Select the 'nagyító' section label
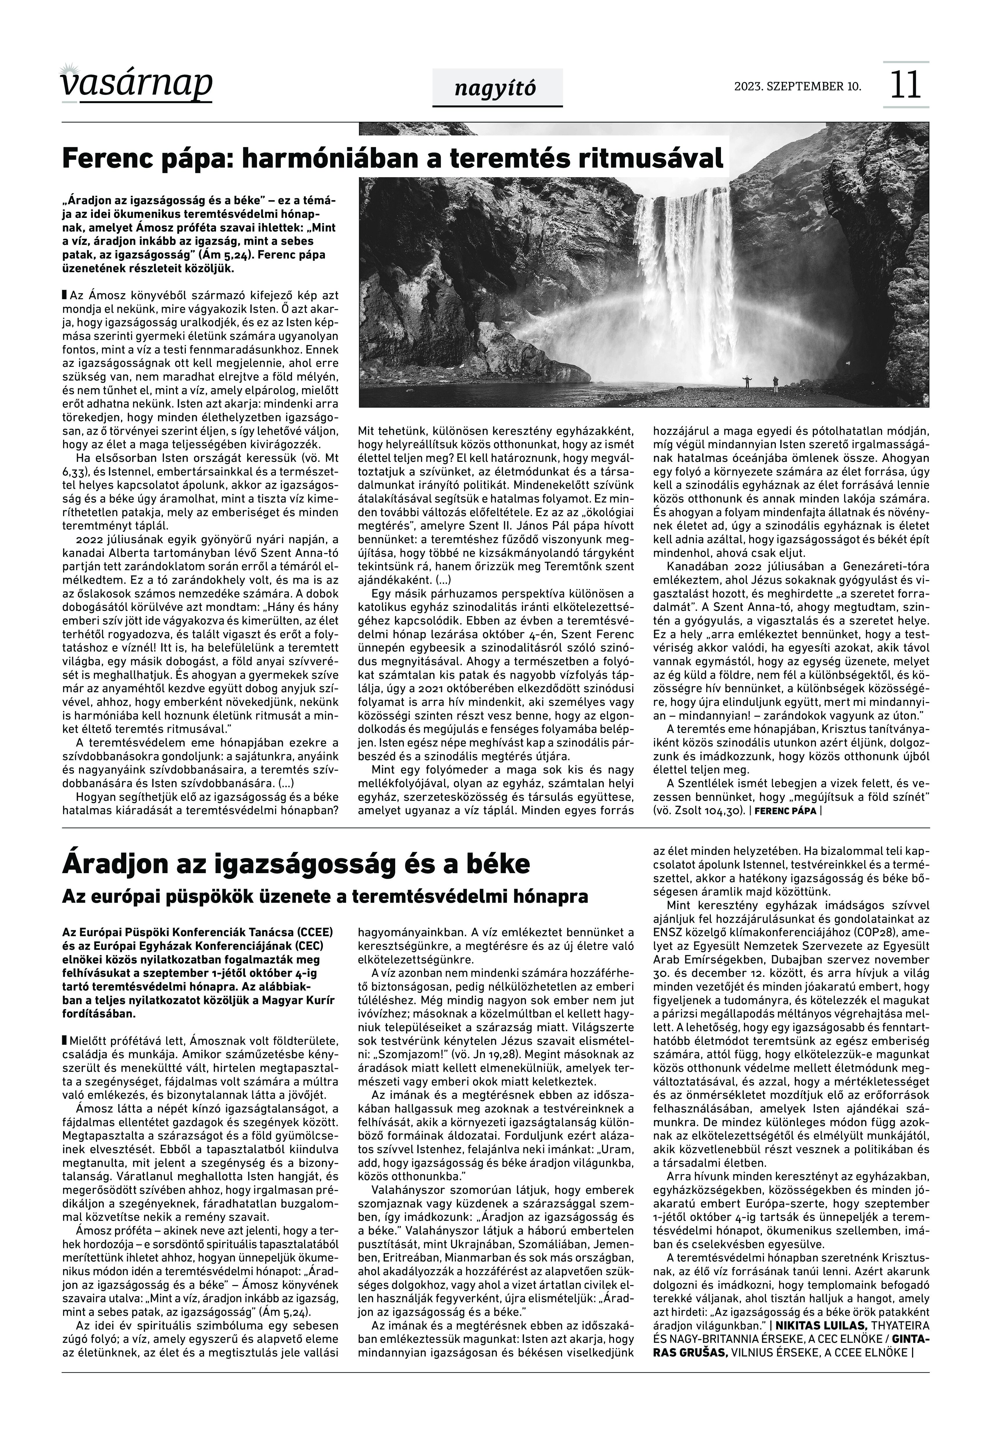coord(495,89)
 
